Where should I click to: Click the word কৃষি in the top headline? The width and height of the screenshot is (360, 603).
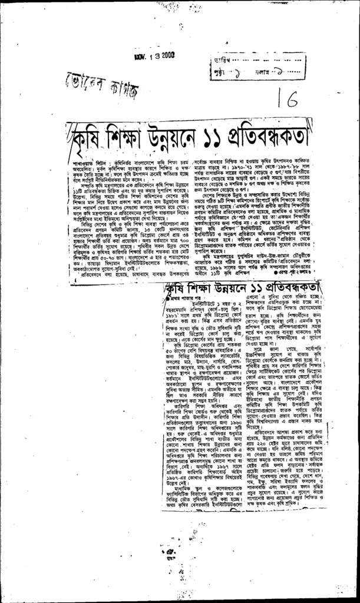pyautogui.click(x=86, y=140)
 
